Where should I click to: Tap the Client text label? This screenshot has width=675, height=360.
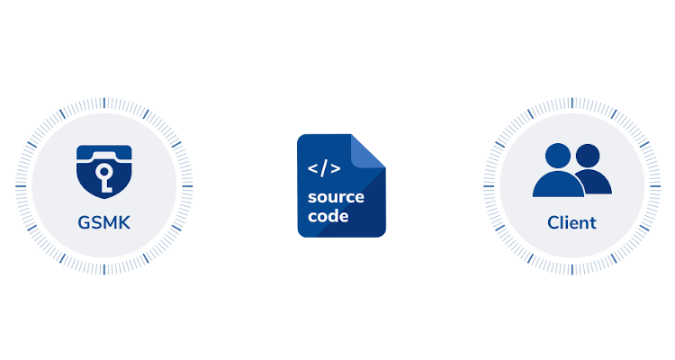pos(571,221)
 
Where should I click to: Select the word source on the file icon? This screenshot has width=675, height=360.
pos(335,197)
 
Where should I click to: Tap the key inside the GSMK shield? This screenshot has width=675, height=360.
pos(104,179)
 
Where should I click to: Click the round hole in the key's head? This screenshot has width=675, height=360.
pos(104,172)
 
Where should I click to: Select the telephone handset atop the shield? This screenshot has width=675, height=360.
pos(104,153)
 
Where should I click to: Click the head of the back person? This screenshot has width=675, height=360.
pos(588,155)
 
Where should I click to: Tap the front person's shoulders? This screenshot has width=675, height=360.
pos(559,184)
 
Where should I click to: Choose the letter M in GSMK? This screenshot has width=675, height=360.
pos(110,221)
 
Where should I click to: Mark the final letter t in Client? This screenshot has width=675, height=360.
pos(592,221)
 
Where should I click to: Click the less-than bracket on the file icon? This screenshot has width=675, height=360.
pos(312,168)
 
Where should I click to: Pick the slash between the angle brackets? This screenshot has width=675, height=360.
pos(324,168)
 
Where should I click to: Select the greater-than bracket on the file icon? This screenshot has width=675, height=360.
pos(336,168)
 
